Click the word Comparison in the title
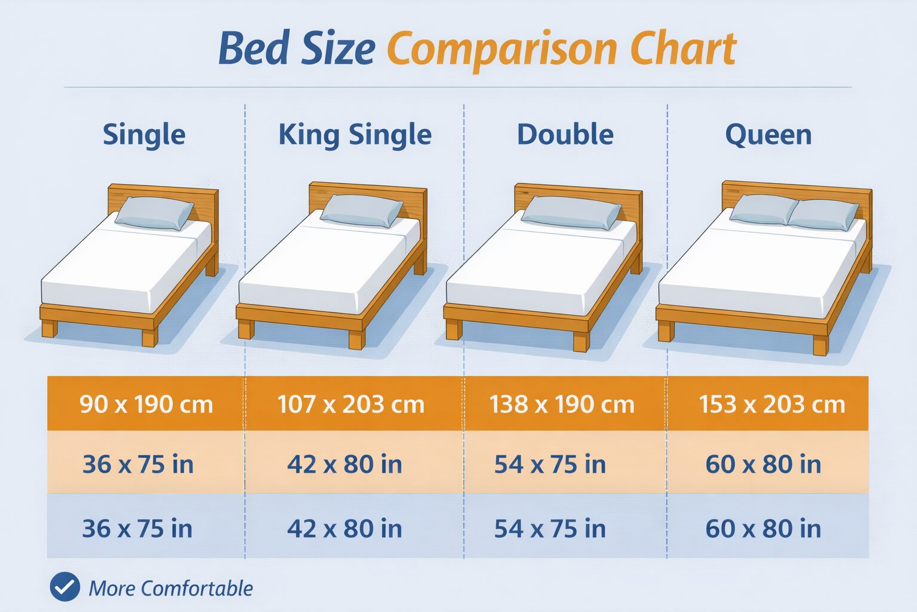point(503,49)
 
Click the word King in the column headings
point(309,134)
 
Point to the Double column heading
point(565,134)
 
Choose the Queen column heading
point(768,135)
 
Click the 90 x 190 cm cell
point(146,404)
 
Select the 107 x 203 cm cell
point(350,404)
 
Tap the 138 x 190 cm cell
point(562,404)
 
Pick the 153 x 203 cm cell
point(772,404)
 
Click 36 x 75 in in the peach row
point(138,464)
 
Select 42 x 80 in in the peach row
point(344,464)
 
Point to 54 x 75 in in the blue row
point(550,528)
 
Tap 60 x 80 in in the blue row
point(763,528)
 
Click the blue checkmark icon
point(64,587)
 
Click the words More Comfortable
point(171,588)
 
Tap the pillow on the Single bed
point(154,213)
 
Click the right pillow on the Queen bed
point(824,215)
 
